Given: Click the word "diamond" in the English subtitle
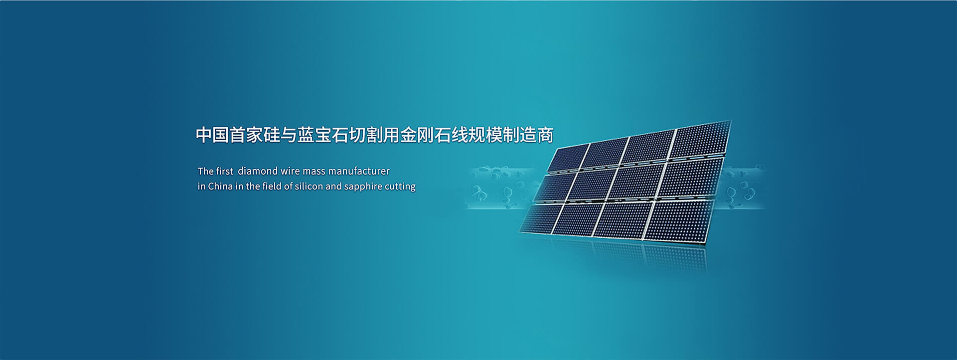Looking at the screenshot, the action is [258, 171].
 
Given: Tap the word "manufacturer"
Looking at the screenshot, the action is [359, 171].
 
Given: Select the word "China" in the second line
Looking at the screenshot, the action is [220, 186].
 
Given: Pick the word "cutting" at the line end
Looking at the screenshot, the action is [400, 187].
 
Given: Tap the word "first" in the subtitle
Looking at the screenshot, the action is [225, 171].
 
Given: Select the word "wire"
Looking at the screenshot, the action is [290, 171].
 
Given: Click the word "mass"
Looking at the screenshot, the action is [314, 172].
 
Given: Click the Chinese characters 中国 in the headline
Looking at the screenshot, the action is [212, 135].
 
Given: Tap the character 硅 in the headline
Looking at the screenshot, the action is [272, 135].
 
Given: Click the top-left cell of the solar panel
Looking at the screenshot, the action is [568, 159].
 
